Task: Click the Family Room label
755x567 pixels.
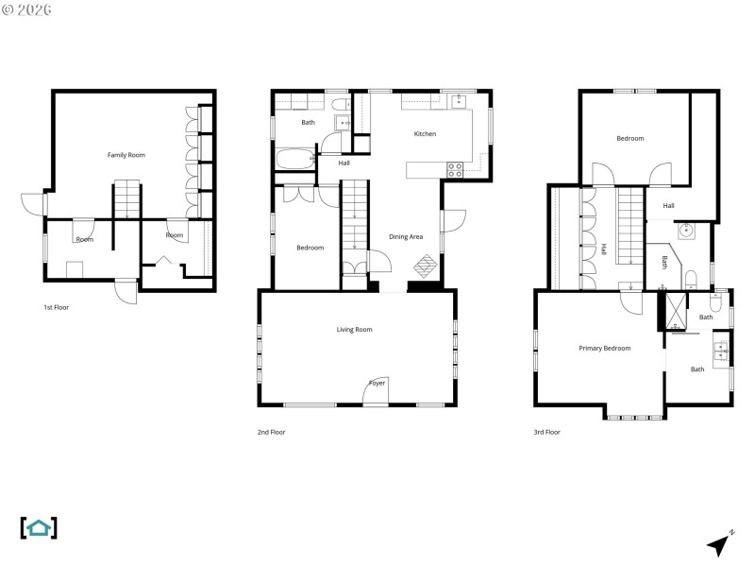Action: click(126, 155)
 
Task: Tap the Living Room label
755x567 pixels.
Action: click(355, 330)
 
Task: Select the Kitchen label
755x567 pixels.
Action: click(425, 134)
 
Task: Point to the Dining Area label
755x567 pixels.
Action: click(406, 236)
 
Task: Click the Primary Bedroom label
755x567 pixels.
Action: click(604, 348)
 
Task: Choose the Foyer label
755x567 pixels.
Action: click(377, 383)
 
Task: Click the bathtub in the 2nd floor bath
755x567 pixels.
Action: click(295, 159)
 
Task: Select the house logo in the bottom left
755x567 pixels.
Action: click(39, 527)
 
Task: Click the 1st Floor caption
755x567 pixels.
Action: click(56, 307)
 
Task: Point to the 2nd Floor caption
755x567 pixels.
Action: click(271, 432)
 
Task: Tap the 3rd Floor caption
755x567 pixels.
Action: click(546, 432)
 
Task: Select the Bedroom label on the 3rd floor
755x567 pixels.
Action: click(629, 139)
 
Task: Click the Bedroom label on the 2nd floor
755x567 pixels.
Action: click(310, 248)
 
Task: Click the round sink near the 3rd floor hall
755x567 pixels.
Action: click(684, 231)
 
